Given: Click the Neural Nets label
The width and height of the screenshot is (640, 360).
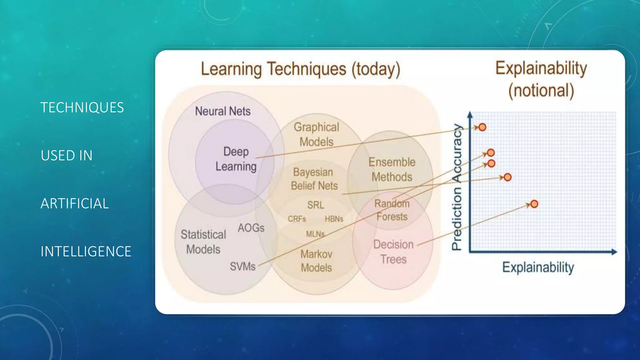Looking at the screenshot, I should coord(223,111).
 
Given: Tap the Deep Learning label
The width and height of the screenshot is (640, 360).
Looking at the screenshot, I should coord(236,159).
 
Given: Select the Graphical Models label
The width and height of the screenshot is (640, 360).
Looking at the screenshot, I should coord(317,134).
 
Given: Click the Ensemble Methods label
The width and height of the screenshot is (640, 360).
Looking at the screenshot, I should coord(392,169).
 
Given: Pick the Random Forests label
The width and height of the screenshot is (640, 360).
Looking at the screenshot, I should coord(392,210).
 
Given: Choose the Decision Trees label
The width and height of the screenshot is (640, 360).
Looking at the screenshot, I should coord(393,252).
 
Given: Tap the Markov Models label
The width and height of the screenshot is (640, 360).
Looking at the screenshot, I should coord(316,261).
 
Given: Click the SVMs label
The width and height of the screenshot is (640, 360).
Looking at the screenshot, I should coord(242,267).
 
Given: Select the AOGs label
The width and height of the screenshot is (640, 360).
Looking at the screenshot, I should coord(251,228).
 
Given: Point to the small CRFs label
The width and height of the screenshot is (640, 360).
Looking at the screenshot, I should coord(297,219).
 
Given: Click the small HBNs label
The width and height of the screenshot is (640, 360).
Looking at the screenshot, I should coord(334,219).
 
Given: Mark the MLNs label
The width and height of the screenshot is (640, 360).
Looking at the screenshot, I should coord(315,234).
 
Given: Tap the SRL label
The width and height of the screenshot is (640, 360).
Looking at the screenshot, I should coord(316,205).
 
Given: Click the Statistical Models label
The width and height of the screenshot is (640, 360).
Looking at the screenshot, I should coord(203,242).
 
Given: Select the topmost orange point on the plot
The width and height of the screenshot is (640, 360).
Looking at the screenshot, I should coord(482,127).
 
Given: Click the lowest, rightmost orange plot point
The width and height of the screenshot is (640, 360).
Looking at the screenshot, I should coord(534,204).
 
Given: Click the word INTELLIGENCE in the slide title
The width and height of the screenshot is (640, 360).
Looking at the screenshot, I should coord(86,252).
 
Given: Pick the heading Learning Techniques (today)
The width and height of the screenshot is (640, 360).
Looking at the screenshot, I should coord(300,69).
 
